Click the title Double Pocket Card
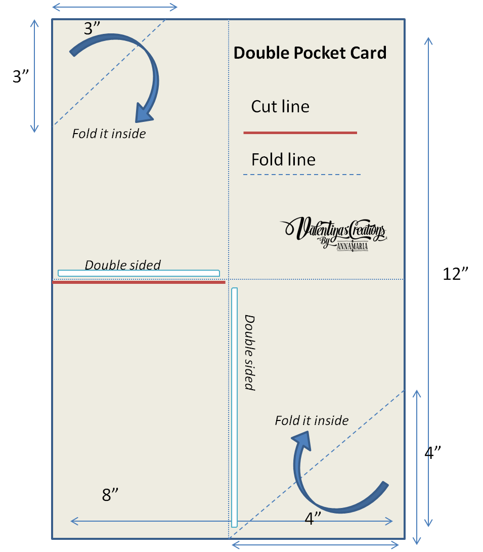point(310,53)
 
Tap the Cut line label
point(280,107)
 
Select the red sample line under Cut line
point(300,133)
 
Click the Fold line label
point(283,160)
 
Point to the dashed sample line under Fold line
point(302,175)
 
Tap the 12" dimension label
point(456,274)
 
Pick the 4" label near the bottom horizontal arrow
point(313,518)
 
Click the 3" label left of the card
point(24,76)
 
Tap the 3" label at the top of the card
point(95,28)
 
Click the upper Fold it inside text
point(109,134)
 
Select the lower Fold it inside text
point(312,420)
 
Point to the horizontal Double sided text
point(122,265)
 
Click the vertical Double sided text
point(249,352)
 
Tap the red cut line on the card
point(139,282)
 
